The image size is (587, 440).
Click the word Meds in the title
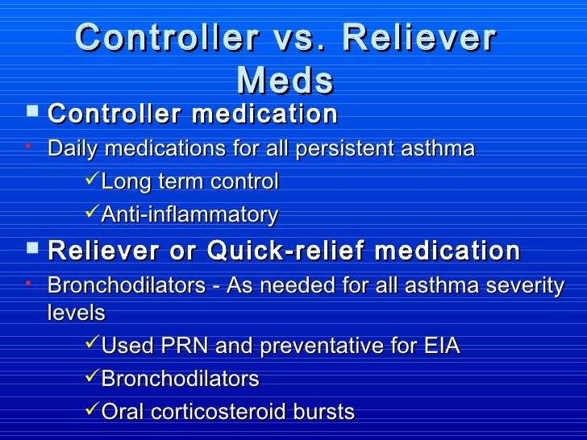(x=285, y=80)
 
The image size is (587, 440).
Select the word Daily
(x=73, y=149)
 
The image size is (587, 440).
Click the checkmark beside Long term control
(x=92, y=181)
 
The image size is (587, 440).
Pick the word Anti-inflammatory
(x=189, y=215)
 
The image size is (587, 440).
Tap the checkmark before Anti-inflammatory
(x=92, y=214)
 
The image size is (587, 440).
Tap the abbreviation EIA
(x=441, y=347)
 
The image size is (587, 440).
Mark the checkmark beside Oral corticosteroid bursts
(x=92, y=411)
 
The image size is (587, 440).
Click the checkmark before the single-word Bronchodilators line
(x=92, y=378)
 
